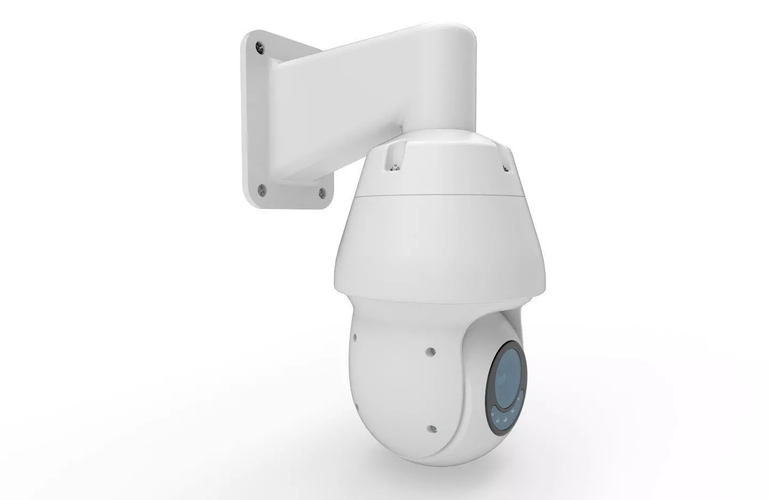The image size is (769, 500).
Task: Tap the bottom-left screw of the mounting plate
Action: tap(261, 188)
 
